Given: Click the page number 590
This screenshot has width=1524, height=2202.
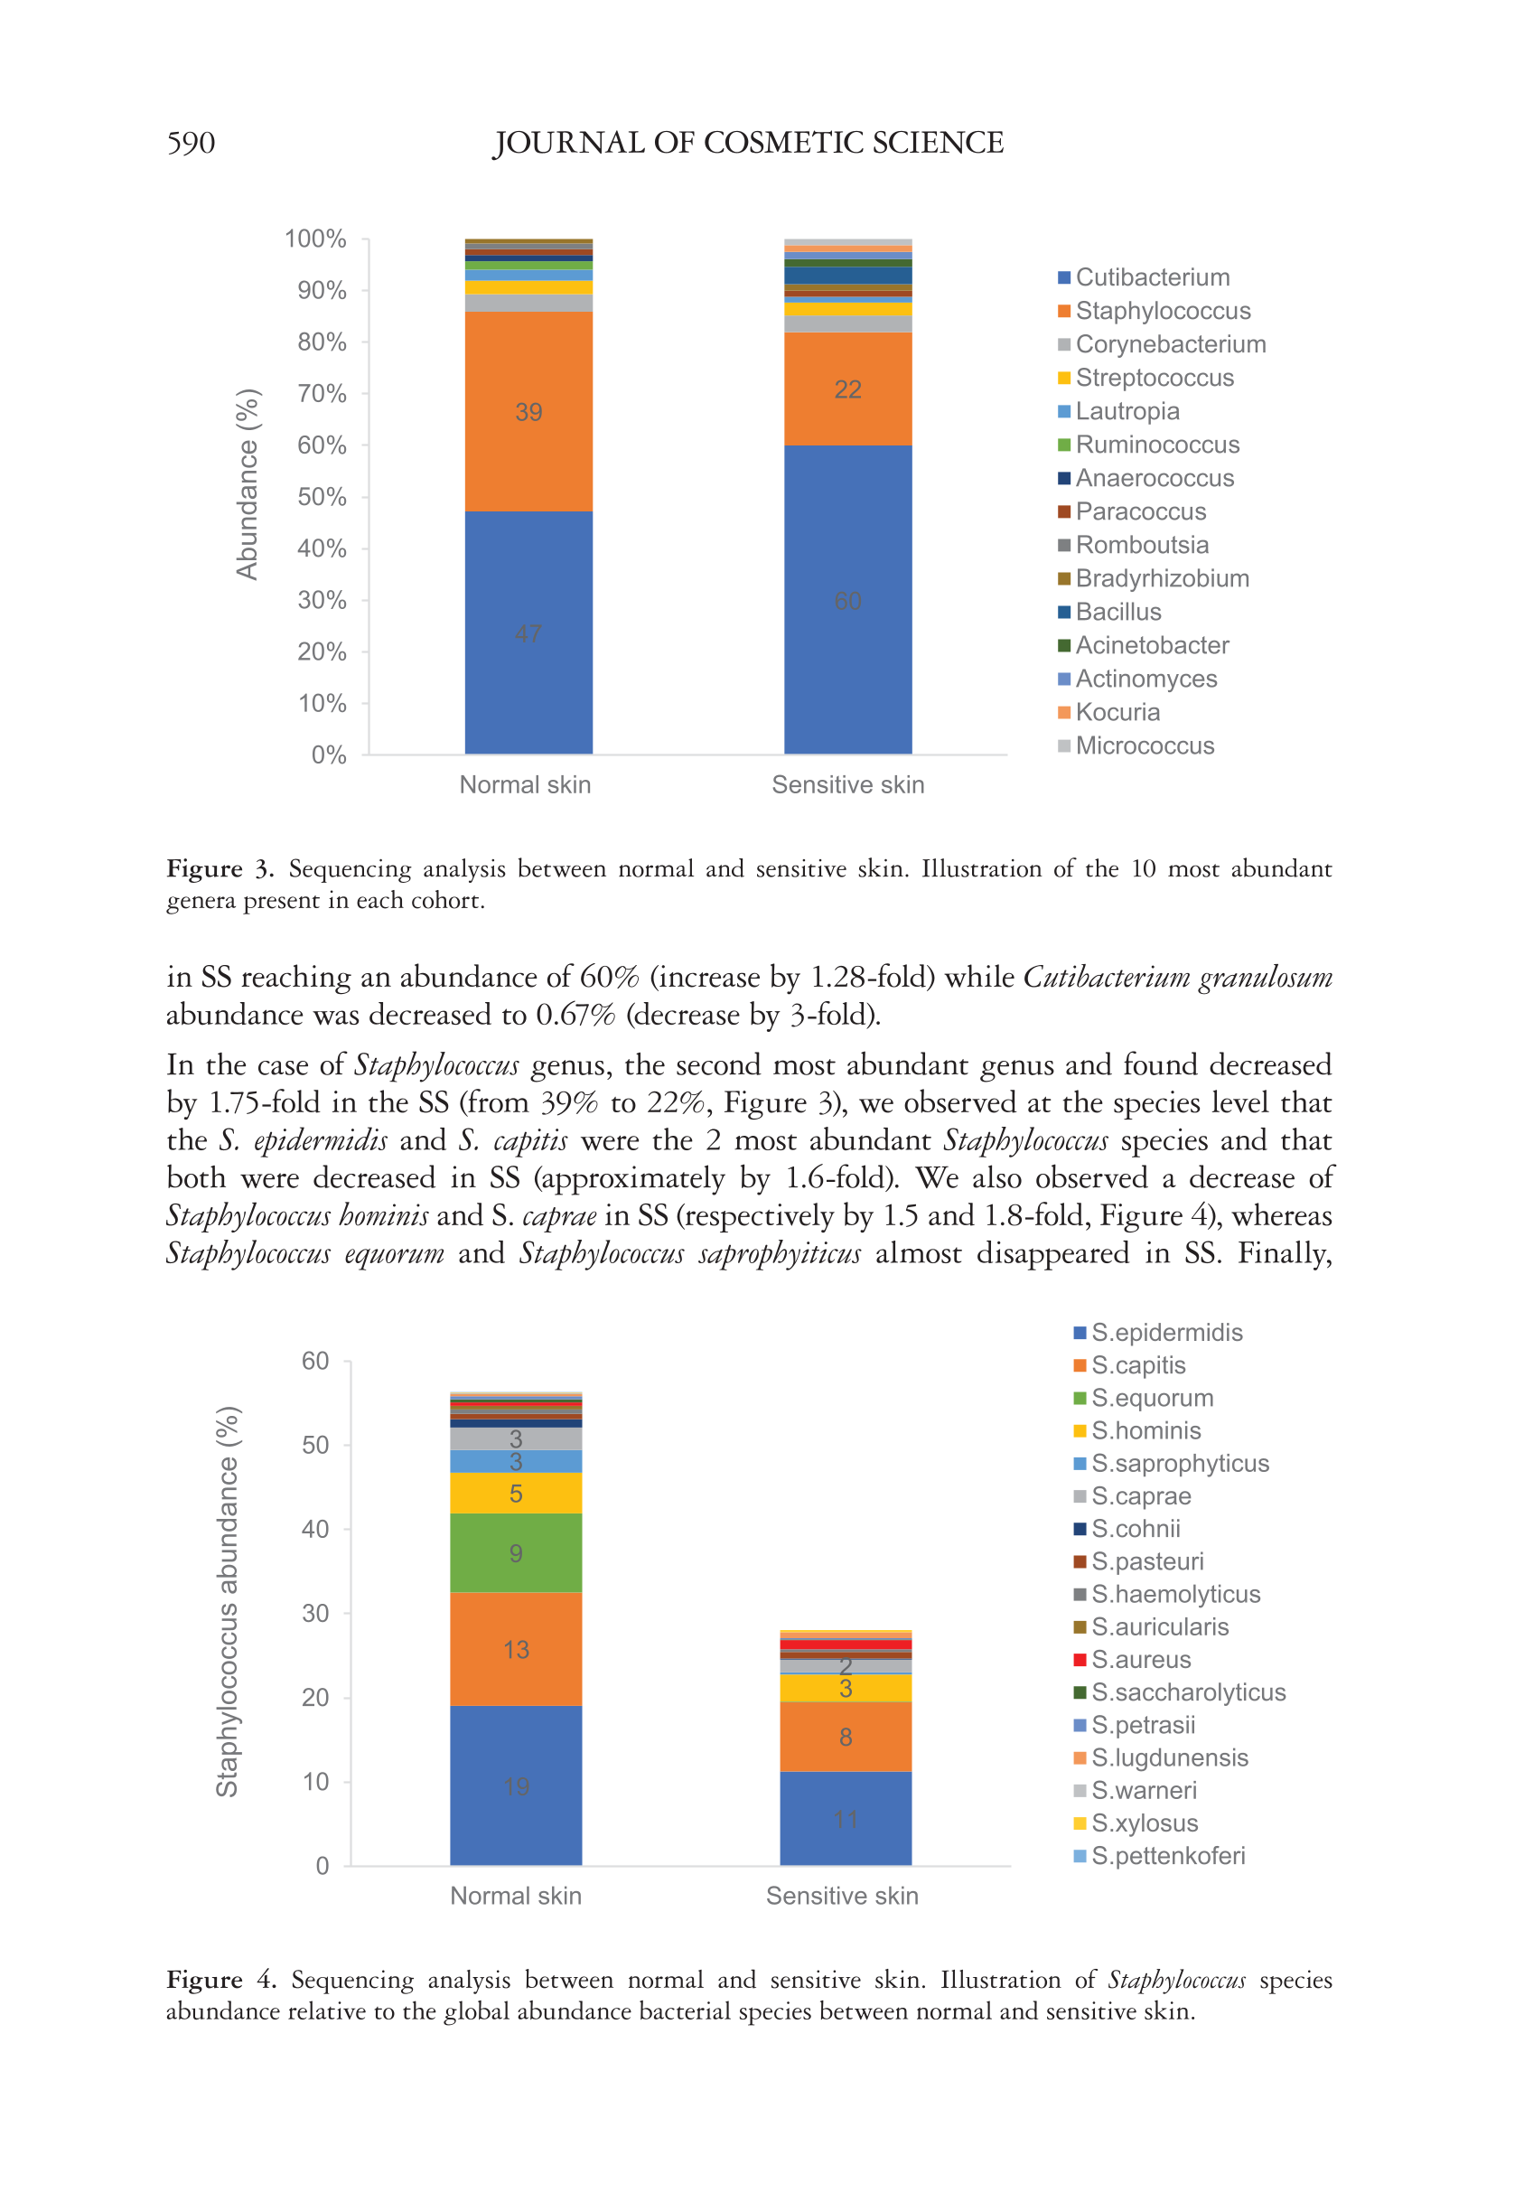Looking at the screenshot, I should (191, 144).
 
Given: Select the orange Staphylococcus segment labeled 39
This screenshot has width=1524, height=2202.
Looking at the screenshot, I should (528, 411).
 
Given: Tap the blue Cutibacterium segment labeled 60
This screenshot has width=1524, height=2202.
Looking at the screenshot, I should (847, 601).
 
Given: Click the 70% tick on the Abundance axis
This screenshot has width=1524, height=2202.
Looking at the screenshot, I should (322, 393).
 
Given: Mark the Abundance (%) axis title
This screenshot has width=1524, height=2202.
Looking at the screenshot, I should (248, 484).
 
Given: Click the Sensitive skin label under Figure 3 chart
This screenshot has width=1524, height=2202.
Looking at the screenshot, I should (848, 785).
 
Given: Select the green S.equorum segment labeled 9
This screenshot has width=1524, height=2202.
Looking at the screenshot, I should (516, 1553).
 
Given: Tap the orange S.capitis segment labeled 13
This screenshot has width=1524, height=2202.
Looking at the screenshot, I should (516, 1649).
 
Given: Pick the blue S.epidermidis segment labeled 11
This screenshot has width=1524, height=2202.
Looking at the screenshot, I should (845, 1819).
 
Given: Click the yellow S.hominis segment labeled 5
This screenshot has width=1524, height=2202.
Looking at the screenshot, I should (516, 1494).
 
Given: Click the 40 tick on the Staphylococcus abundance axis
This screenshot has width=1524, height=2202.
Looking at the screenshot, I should (315, 1529).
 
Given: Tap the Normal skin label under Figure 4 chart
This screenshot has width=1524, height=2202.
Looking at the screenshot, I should (516, 1896).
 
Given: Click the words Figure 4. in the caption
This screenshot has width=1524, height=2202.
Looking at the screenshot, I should (221, 1980).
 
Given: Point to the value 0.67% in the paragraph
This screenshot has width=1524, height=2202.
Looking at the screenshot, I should (575, 1015).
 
